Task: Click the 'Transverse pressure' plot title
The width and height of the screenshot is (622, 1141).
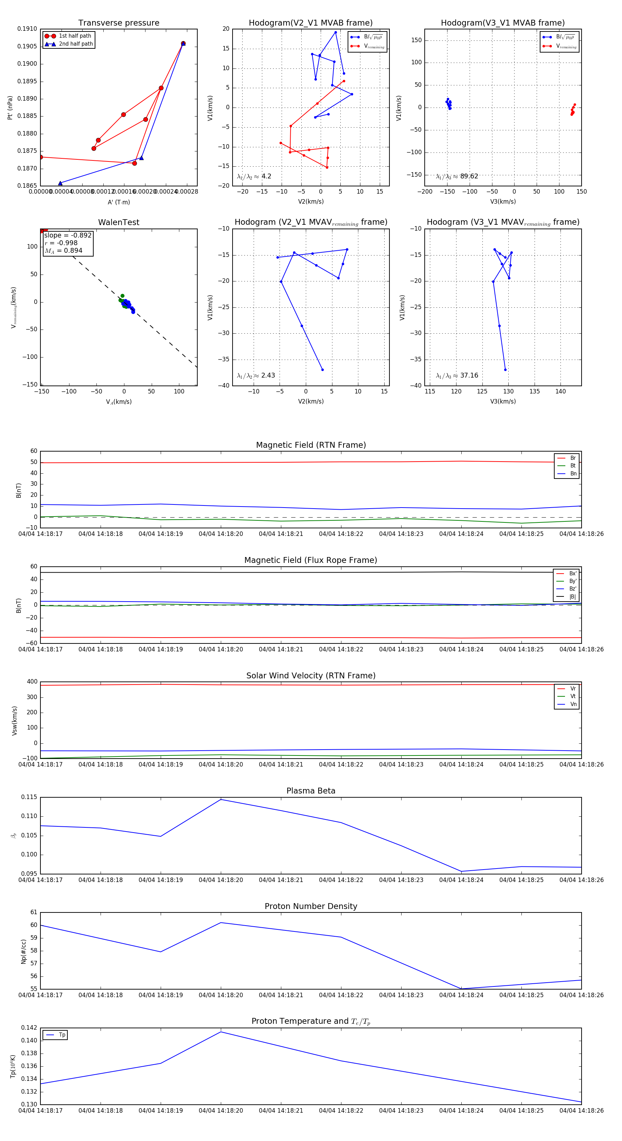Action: [x=119, y=23]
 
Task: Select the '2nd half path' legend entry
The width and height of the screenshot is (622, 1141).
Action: [x=76, y=44]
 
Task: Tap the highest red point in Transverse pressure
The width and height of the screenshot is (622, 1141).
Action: [x=183, y=44]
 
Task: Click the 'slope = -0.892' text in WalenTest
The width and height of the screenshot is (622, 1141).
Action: [x=68, y=235]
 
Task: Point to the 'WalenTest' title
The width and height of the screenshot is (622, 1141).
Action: [x=119, y=222]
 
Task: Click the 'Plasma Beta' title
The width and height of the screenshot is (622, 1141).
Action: [x=311, y=791]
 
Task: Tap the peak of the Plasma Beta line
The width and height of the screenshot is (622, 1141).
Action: [x=221, y=799]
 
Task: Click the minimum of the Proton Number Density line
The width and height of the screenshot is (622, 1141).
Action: [x=461, y=989]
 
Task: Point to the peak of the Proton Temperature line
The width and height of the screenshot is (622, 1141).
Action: [x=221, y=1032]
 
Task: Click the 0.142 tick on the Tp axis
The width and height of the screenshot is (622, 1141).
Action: [x=30, y=1028]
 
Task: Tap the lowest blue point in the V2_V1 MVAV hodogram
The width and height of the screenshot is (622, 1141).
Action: [x=322, y=369]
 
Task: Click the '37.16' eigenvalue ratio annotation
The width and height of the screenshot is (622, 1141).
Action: [x=469, y=375]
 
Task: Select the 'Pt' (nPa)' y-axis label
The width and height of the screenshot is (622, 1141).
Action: [x=10, y=108]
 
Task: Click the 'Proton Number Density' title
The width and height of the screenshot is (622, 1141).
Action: [x=311, y=906]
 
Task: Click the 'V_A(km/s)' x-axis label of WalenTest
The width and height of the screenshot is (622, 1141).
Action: [x=119, y=402]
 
